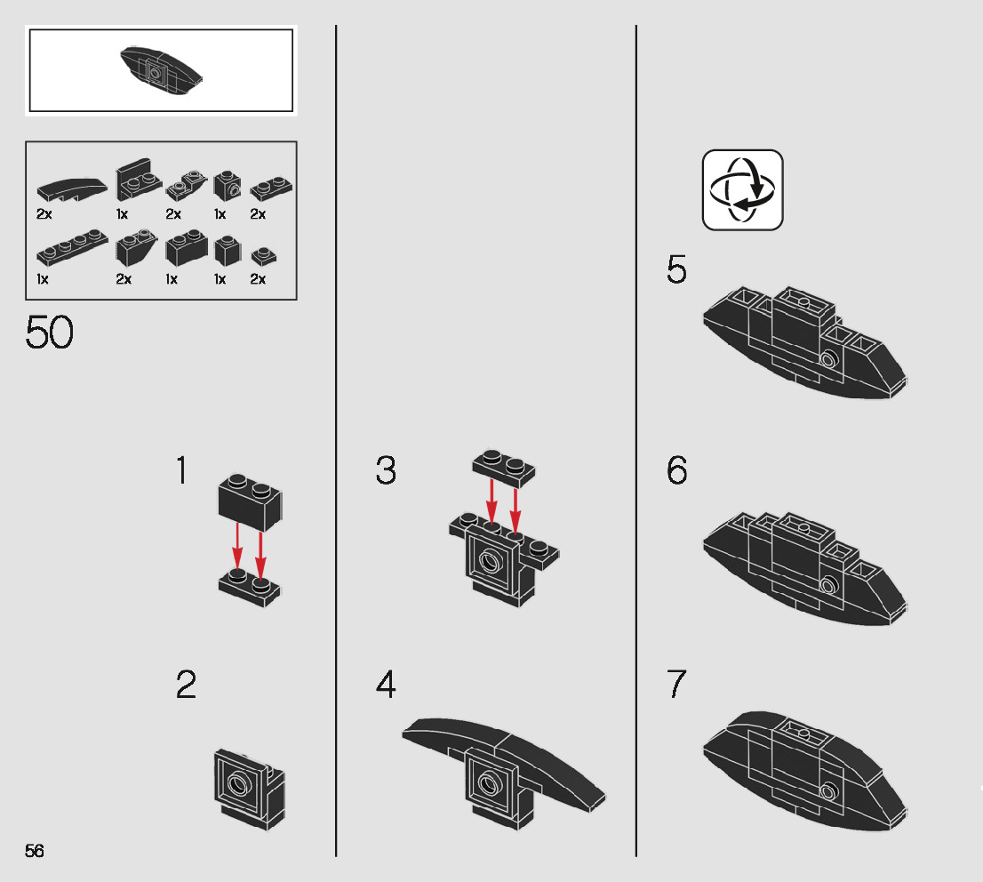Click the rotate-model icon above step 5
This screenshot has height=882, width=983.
click(742, 189)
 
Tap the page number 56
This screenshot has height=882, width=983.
click(35, 851)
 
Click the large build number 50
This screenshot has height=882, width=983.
click(50, 332)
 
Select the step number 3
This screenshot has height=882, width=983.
click(386, 470)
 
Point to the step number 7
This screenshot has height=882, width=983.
click(676, 684)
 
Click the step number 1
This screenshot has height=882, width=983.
click(182, 470)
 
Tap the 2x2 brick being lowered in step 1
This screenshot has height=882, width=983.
click(250, 502)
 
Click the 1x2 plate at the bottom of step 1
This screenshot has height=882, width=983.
click(250, 588)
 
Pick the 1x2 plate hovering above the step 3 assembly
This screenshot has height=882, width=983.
click(504, 468)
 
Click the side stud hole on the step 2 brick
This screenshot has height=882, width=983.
click(238, 782)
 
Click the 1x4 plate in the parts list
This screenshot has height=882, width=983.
click(72, 246)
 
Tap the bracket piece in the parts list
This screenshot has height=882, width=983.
click(139, 180)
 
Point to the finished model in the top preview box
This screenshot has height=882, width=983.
click(161, 70)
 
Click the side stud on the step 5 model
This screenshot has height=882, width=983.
click(829, 359)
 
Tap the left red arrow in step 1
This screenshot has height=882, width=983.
click(237, 546)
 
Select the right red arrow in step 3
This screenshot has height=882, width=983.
click(515, 510)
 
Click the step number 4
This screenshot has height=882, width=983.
click(386, 685)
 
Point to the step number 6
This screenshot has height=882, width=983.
click(676, 470)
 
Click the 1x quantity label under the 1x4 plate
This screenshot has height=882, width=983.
click(43, 279)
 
